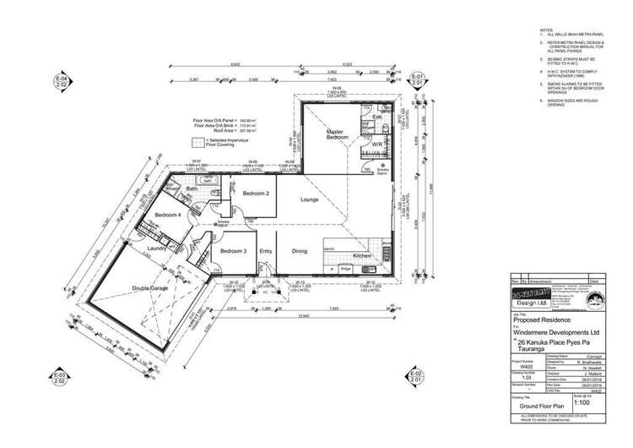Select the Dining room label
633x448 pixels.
pos(300,251)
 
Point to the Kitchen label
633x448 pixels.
pos(361,254)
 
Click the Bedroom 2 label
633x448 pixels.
pos(255,194)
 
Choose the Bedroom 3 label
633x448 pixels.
pos(233,251)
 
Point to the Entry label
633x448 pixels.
pos(266,251)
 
